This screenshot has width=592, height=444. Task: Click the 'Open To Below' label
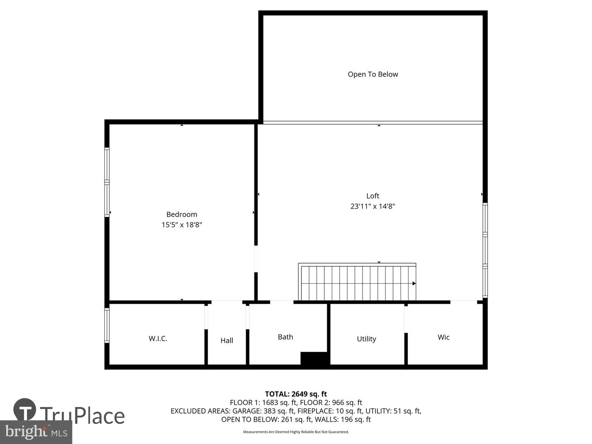(x=372, y=74)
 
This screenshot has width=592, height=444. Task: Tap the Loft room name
(x=372, y=196)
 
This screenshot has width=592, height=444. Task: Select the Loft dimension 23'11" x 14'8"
(x=372, y=206)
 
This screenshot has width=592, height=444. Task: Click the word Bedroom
(x=182, y=215)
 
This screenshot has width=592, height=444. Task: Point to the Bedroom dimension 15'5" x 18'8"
(x=182, y=225)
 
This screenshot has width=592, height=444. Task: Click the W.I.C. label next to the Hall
(x=158, y=339)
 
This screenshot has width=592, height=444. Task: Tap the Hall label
(x=227, y=340)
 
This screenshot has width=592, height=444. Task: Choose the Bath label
(x=285, y=337)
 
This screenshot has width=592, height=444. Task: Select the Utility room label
(x=366, y=339)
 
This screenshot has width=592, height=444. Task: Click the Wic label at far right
(x=444, y=338)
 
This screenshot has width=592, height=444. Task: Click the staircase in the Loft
(x=357, y=283)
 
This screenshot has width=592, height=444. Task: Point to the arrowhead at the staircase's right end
(x=414, y=284)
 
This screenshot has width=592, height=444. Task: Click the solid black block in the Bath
(x=314, y=358)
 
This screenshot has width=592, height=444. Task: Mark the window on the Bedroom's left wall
(x=107, y=182)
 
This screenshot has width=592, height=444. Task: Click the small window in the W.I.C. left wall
(x=107, y=325)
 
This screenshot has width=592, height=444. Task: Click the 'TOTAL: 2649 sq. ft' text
(x=296, y=394)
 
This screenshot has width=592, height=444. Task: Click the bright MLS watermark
(x=36, y=432)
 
